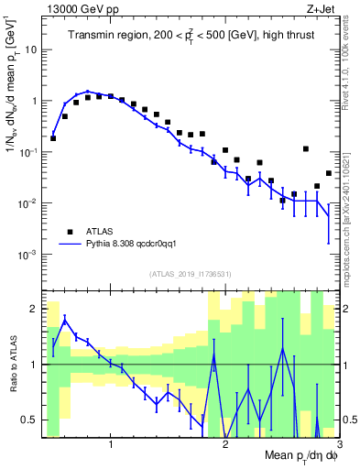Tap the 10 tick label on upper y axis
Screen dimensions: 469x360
coord(33,49)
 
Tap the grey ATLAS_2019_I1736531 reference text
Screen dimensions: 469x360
coord(191,275)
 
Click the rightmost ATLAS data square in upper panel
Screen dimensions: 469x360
coord(328,173)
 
